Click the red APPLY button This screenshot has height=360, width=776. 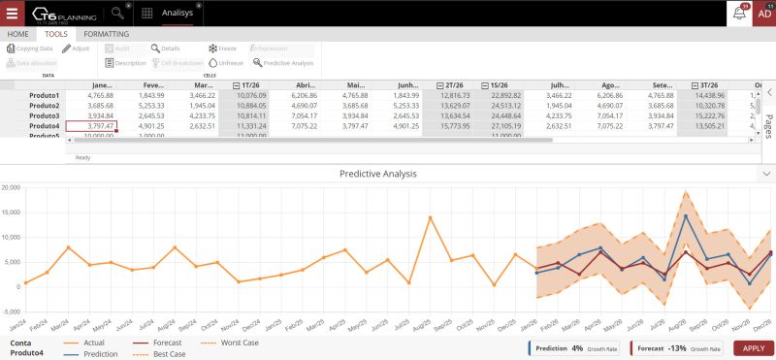tap(754, 348)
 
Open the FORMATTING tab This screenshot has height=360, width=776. tap(106, 34)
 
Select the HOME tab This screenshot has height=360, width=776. tap(17, 34)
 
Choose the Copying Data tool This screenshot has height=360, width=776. tap(30, 48)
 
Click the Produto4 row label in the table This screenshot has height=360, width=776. tap(44, 126)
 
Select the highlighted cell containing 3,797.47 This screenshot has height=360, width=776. tap(91, 126)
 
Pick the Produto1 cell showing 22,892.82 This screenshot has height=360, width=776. tap(502, 96)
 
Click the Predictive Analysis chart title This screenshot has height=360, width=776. tap(378, 174)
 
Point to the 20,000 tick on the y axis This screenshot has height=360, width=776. tap(11, 186)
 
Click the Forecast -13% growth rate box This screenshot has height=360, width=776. tap(676, 347)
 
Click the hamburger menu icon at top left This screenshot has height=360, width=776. tap(12, 14)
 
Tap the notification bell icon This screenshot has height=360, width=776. tap(739, 14)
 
